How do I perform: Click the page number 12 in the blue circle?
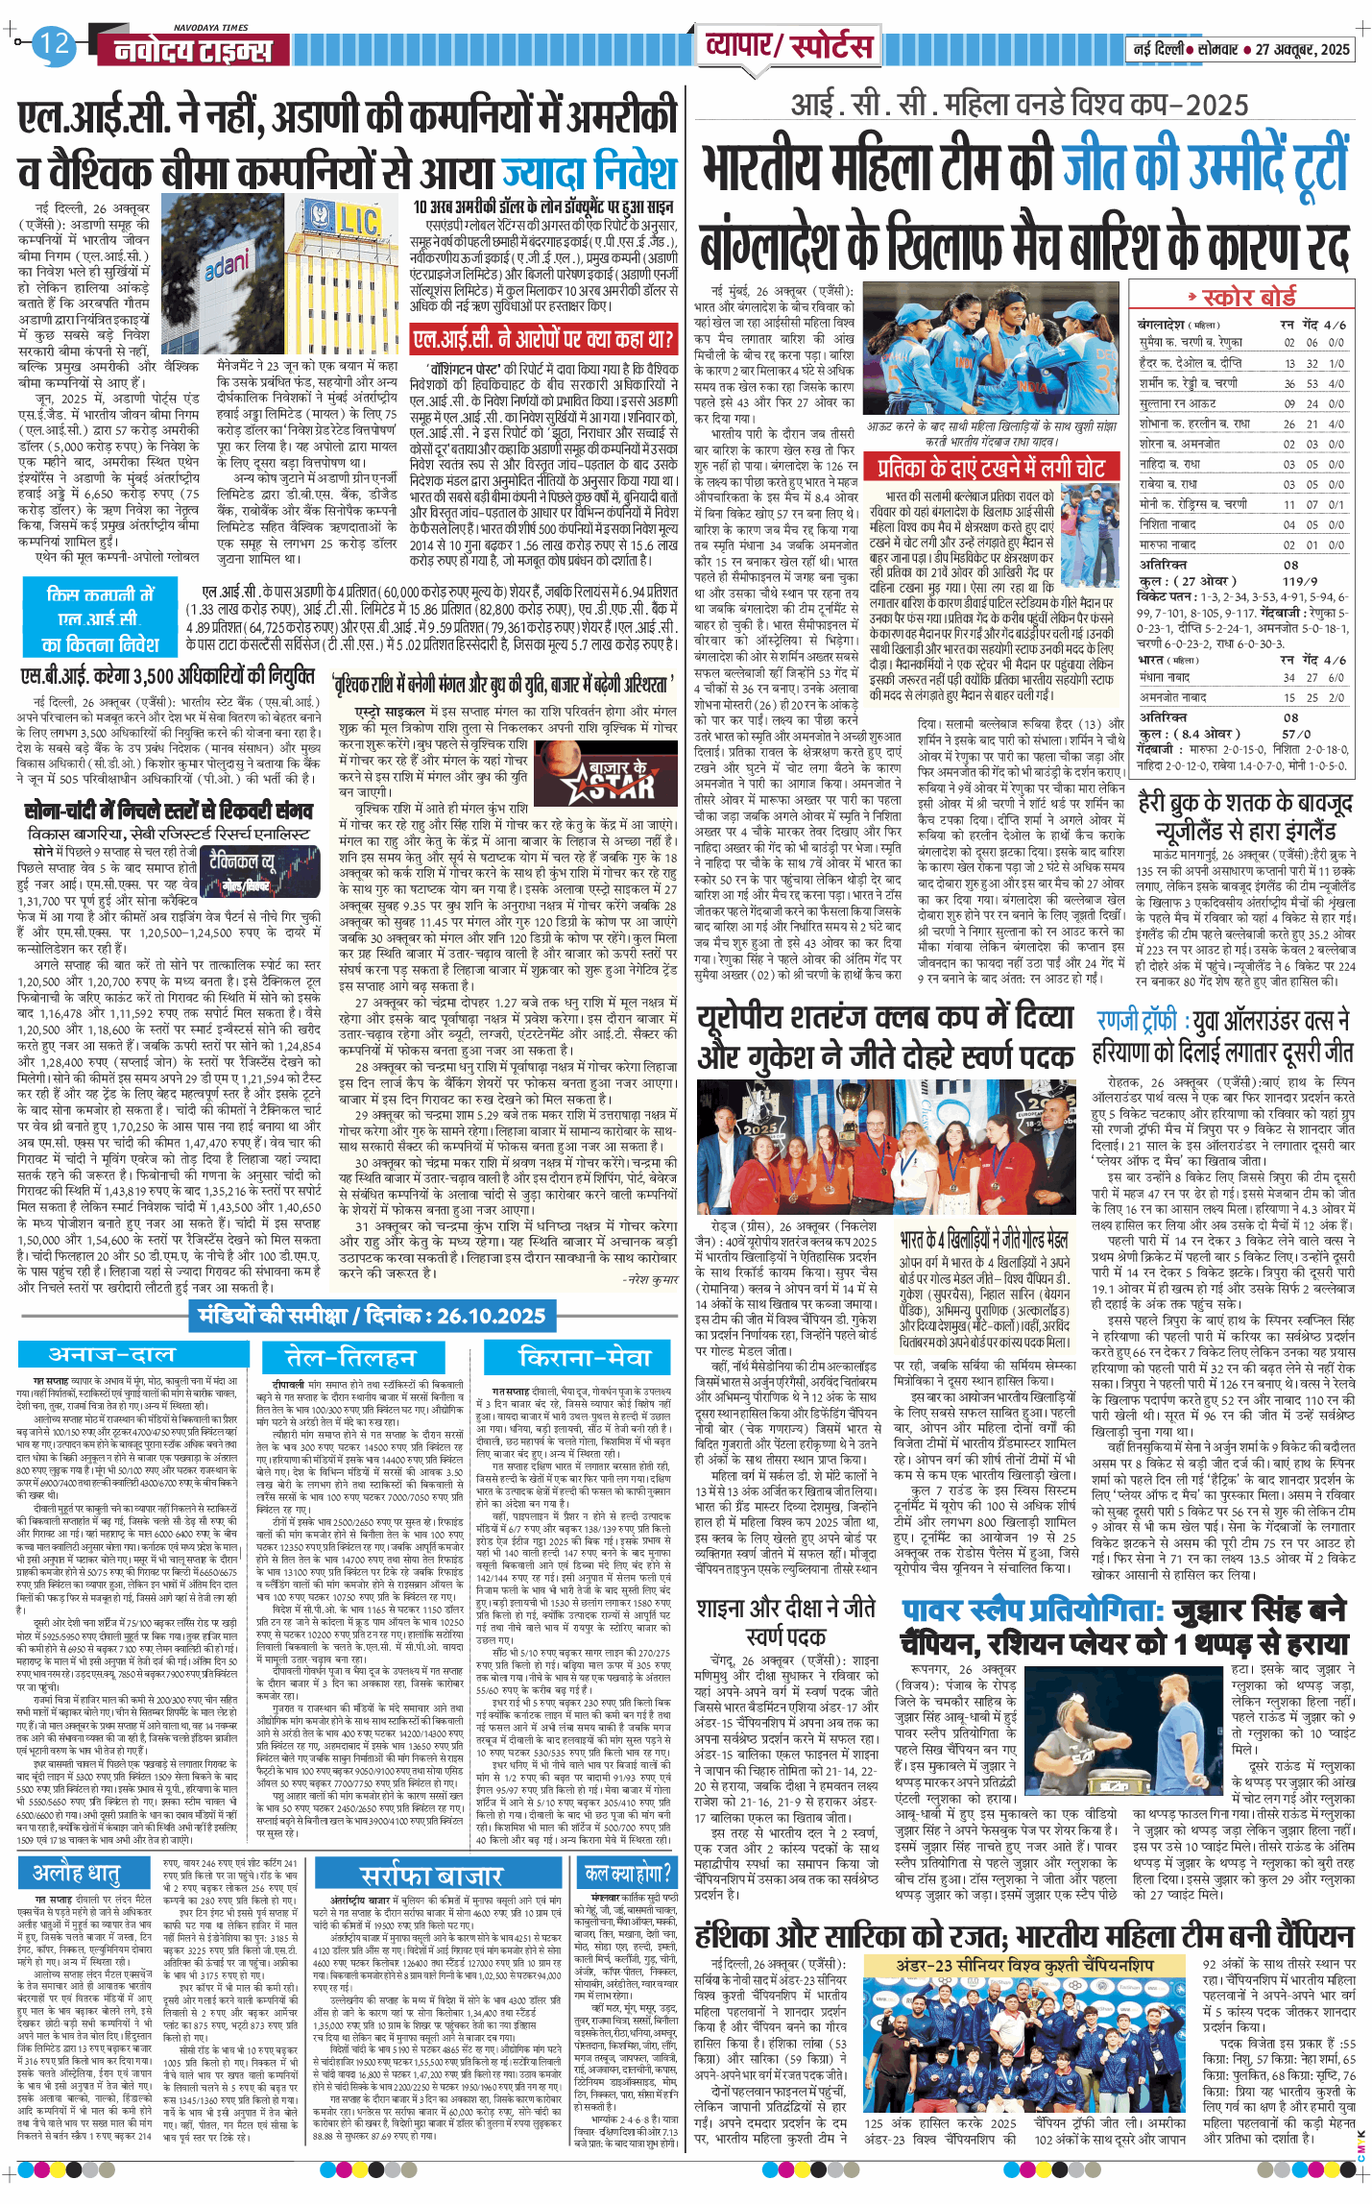(54, 43)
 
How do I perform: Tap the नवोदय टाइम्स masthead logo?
(193, 50)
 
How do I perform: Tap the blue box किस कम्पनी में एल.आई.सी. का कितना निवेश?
(101, 619)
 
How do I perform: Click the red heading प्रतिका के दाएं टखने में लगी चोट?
(991, 468)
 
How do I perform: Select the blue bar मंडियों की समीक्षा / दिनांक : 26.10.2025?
(372, 1316)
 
